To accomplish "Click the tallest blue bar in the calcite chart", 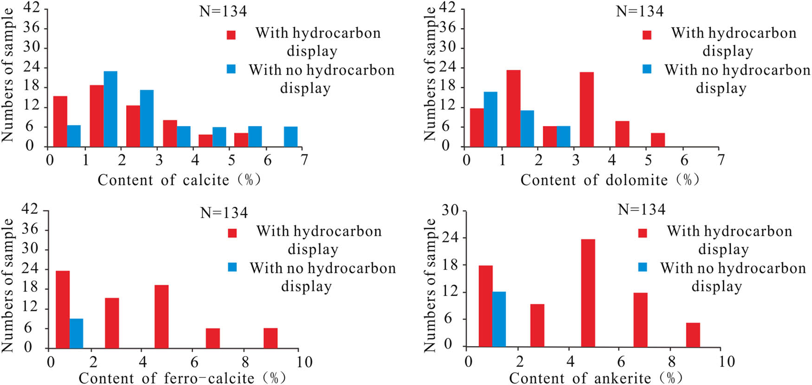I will click(110, 109).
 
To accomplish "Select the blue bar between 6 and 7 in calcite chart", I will click(291, 137).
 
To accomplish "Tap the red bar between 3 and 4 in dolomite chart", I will click(586, 109).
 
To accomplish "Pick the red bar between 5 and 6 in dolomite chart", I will click(658, 140).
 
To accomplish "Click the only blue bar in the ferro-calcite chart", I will click(76, 334).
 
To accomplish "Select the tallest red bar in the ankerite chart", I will click(588, 293).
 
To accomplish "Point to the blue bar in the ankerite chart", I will click(499, 319).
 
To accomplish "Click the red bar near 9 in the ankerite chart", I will click(693, 335).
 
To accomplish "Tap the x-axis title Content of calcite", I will click(179, 180).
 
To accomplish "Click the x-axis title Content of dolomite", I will click(609, 180).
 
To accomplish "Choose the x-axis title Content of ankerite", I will click(595, 378).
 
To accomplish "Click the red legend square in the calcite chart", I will click(231, 35).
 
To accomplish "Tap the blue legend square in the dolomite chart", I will click(647, 69).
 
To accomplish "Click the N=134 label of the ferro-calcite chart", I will click(224, 213).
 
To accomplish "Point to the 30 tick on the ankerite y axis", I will click(450, 210).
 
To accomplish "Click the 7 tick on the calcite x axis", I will click(304, 160).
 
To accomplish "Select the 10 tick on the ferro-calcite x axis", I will click(304, 361).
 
